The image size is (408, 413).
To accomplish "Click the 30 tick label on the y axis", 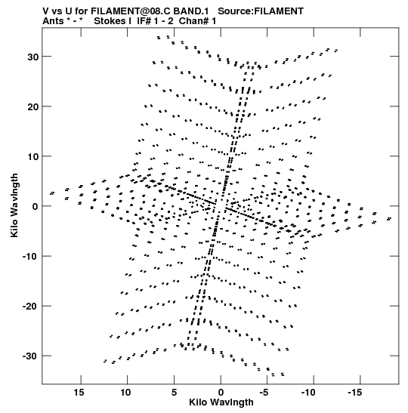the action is (x=33, y=57).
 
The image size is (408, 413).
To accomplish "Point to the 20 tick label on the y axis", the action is (x=33, y=107).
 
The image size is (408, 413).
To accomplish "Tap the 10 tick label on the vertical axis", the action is (x=33, y=157).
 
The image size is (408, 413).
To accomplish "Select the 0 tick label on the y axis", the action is (x=36, y=207).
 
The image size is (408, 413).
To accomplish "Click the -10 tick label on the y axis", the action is (x=30, y=257).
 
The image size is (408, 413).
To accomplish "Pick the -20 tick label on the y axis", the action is (x=30, y=307).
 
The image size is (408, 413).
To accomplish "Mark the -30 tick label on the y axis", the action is (x=30, y=356).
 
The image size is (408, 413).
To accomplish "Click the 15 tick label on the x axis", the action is (x=79, y=393).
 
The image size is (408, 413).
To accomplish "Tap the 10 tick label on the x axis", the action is (x=125, y=393).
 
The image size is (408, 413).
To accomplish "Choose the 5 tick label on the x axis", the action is (x=174, y=393).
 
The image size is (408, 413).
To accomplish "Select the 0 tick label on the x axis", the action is (x=221, y=393).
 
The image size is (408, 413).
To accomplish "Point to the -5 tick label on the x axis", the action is (x=264, y=393).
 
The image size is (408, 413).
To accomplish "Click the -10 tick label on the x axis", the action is (x=308, y=393).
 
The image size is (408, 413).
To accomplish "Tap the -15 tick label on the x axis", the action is (x=355, y=393).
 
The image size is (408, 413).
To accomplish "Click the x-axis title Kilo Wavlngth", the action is (x=221, y=402).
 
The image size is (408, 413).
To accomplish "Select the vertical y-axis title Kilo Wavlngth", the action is (x=14, y=205).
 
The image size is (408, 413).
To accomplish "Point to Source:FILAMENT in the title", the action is (x=261, y=11).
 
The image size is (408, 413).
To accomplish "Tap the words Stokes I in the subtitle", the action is (x=113, y=21).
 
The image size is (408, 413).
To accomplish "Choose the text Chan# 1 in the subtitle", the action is (x=197, y=21).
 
